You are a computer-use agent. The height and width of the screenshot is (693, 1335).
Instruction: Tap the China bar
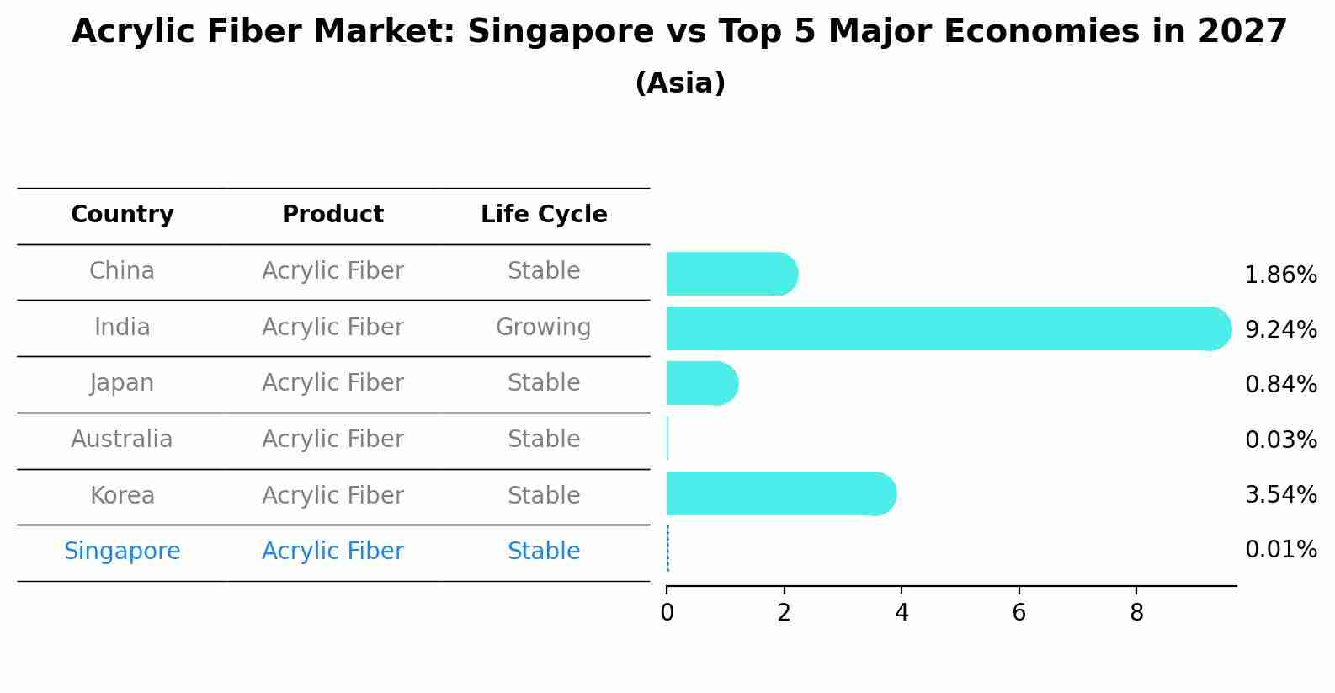click(731, 274)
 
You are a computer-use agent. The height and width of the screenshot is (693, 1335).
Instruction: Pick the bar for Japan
click(701, 383)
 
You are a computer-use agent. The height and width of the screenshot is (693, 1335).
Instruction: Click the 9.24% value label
click(1280, 329)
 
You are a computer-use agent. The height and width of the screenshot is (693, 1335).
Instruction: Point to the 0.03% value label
click(1280, 440)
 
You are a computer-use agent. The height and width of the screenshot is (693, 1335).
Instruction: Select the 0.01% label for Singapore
click(1280, 550)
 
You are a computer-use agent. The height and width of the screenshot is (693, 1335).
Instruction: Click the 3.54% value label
click(1280, 494)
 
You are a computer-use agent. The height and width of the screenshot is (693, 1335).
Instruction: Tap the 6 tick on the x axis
click(1019, 613)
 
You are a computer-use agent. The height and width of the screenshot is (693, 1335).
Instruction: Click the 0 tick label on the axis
click(667, 613)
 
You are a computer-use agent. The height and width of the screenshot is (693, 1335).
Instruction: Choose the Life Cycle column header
click(544, 215)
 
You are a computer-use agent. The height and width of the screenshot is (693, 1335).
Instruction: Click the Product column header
click(332, 215)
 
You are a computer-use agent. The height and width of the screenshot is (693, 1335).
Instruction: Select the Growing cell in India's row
click(544, 327)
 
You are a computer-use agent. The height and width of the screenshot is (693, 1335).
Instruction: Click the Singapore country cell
click(122, 552)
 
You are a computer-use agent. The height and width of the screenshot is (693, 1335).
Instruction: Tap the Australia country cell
click(122, 440)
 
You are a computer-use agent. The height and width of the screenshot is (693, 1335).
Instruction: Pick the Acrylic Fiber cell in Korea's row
click(332, 495)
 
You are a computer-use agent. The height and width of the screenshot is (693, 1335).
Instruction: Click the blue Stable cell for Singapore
click(544, 552)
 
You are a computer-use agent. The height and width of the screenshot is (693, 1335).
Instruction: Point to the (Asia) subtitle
click(680, 83)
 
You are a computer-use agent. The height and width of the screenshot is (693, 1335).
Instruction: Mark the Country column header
click(122, 215)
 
